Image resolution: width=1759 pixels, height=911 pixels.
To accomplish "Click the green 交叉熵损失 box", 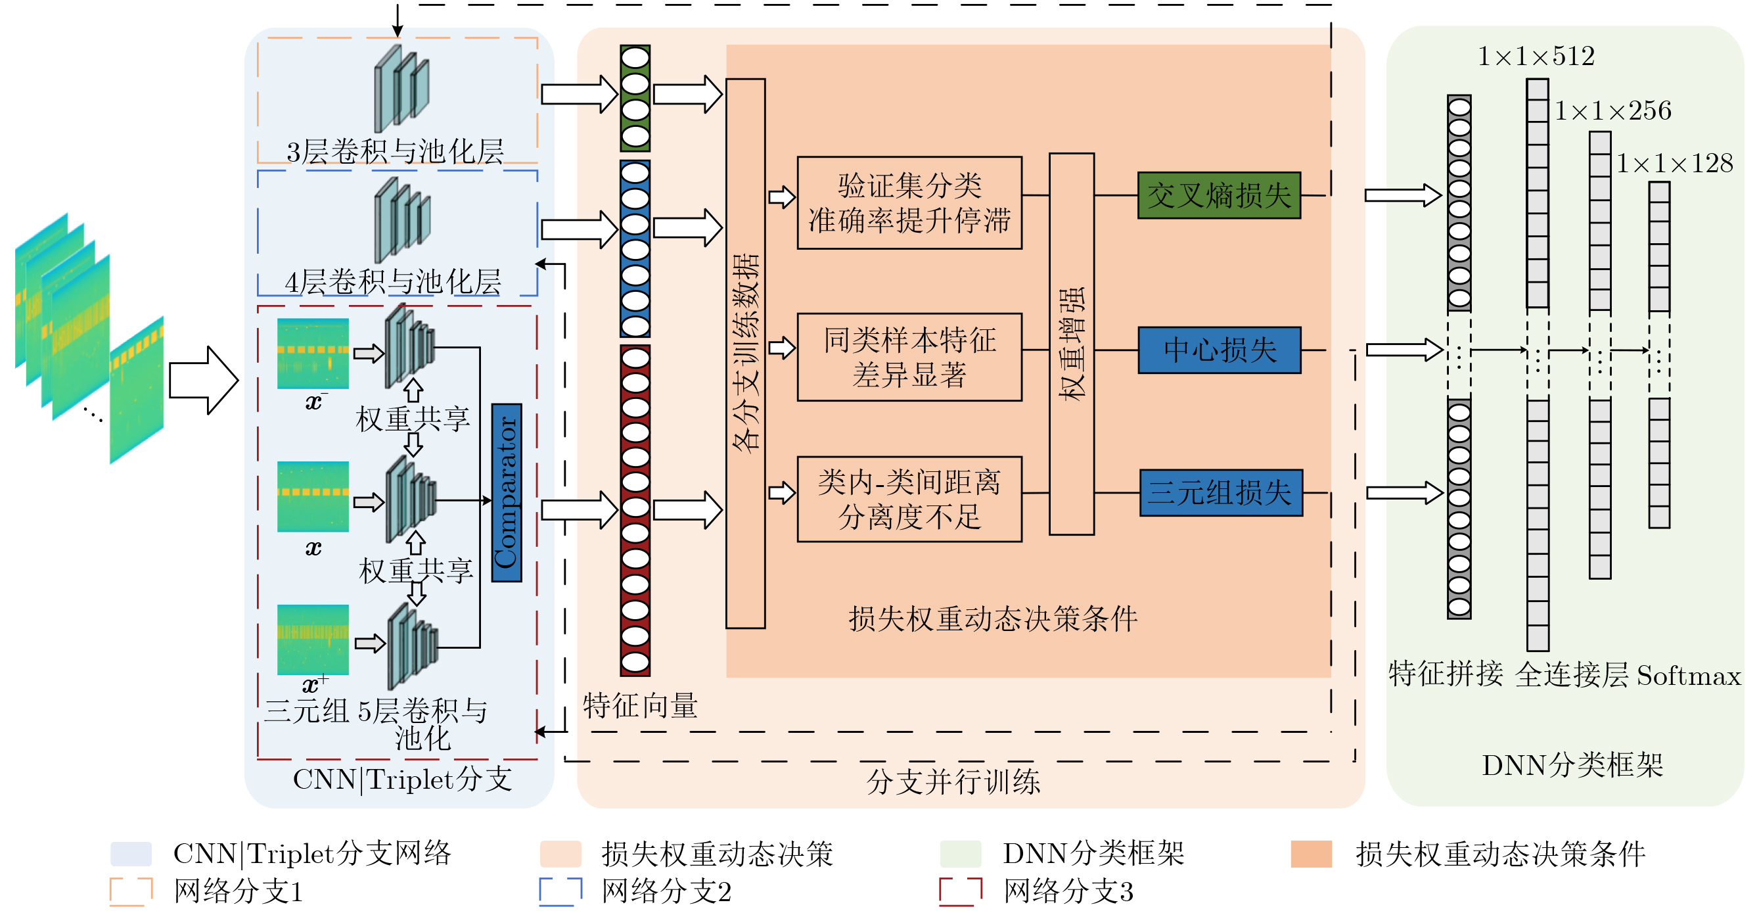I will tap(1219, 195).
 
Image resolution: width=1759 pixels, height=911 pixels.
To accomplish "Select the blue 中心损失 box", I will tap(1219, 350).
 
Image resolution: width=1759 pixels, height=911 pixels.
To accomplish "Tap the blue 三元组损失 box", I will tap(1221, 492).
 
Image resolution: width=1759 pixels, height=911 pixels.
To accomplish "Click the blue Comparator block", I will tap(506, 492).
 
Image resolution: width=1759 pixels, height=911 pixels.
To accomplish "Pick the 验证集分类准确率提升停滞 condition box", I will tap(909, 203).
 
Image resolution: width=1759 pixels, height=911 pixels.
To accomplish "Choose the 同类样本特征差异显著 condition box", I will tap(909, 356).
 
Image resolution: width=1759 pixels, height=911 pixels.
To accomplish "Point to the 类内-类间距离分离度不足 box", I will tap(909, 499).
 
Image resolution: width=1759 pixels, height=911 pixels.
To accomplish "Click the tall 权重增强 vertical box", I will tap(1072, 344).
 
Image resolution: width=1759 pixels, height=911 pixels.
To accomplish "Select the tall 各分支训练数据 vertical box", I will tap(745, 353).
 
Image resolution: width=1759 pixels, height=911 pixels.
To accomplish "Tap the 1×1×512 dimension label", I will tap(1536, 56).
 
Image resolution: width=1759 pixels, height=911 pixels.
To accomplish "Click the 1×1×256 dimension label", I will tap(1613, 110).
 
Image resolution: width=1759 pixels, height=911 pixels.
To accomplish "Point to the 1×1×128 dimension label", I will tap(1674, 163).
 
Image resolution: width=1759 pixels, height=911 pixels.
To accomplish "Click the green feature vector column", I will tap(635, 99).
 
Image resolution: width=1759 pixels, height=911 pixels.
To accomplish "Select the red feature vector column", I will tap(635, 510).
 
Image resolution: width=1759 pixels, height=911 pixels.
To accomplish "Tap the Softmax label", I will tap(1689, 676).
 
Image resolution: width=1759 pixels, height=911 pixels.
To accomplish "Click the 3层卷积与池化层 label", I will tap(395, 152).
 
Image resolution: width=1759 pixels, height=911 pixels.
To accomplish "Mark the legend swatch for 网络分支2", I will tap(560, 891).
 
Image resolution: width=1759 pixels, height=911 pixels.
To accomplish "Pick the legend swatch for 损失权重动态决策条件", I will tap(1311, 854).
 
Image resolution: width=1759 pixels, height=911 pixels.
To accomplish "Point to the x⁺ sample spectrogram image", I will tap(313, 639).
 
